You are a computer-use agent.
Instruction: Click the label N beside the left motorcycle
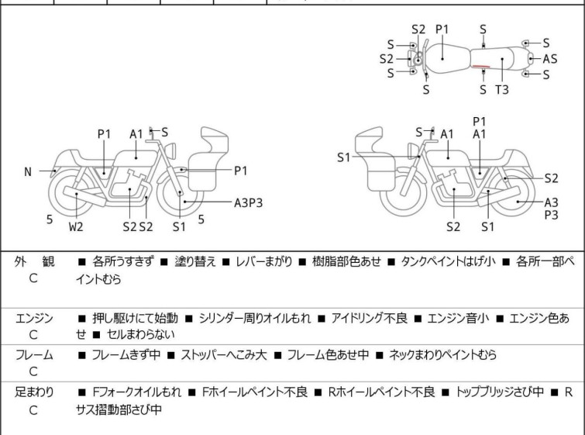[x=28, y=172]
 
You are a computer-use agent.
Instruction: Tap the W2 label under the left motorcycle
[x=74, y=227]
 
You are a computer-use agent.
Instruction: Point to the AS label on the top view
[x=550, y=59]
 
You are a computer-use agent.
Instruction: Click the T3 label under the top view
[x=502, y=90]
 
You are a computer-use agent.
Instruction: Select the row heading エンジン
[x=34, y=318]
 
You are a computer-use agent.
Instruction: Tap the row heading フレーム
[x=34, y=355]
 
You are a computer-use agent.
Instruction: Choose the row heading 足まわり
[x=34, y=392]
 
